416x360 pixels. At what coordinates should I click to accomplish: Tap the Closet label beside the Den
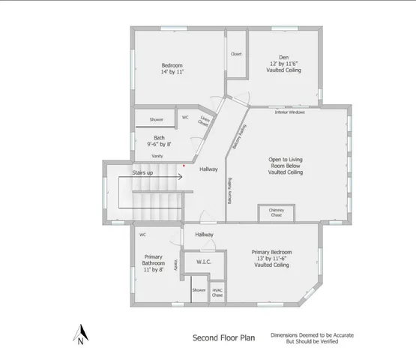coord(237,54)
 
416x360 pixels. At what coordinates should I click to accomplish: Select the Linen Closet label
coord(204,121)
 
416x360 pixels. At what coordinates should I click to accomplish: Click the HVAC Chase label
coord(217,292)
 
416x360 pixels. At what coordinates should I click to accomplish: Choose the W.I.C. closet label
coord(204,262)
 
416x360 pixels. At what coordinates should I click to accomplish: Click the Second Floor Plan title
coord(224,337)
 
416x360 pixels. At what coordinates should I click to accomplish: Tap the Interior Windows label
coord(290,112)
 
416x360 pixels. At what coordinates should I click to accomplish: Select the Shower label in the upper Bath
coord(156,119)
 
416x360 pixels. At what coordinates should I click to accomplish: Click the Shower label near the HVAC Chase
coord(199,289)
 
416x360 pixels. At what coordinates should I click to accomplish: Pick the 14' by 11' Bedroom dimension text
coord(172,72)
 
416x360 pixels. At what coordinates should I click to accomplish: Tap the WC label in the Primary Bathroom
coord(142,234)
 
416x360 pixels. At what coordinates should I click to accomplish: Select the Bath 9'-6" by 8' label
coord(159,141)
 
